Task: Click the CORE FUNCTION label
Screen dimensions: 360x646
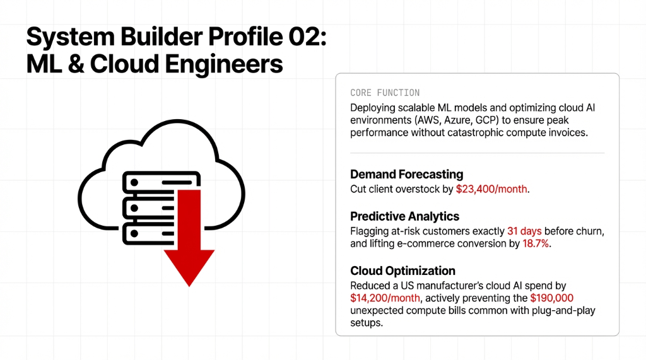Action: tap(385, 93)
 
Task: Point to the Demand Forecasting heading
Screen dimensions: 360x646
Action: tap(406, 174)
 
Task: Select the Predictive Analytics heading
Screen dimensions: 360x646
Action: tap(404, 216)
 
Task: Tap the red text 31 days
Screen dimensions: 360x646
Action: tap(525, 231)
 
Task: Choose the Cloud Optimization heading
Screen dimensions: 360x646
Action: tap(402, 270)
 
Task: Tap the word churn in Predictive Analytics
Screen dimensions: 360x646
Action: tap(587, 231)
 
